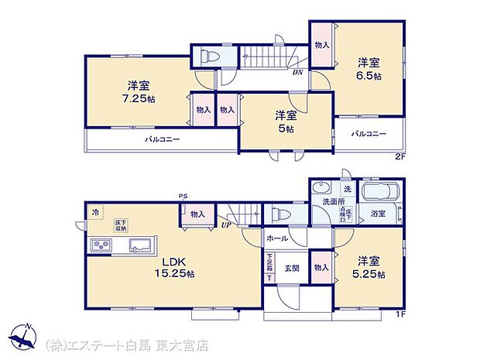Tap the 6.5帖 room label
[x=367, y=70]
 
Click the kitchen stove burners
[x=101, y=246]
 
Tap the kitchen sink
[x=140, y=246]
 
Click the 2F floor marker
[x=399, y=157]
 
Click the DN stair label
[x=297, y=73]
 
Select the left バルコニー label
[x=163, y=141]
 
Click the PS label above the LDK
[x=183, y=197]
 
